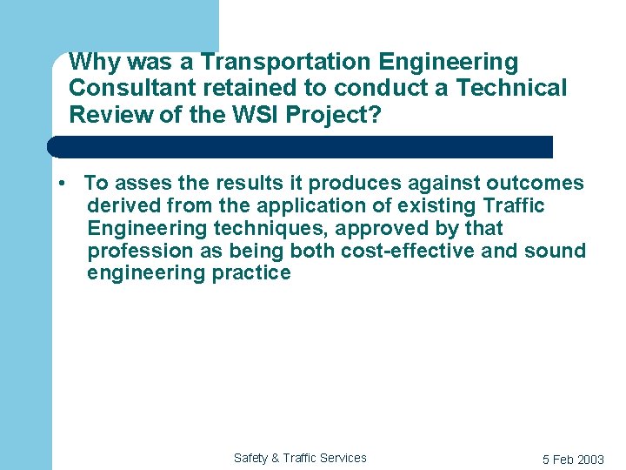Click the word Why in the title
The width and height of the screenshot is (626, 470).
point(90,63)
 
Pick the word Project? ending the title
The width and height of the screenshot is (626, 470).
point(336,115)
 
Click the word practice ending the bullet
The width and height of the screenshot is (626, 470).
point(252,274)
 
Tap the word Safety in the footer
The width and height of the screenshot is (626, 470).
point(251,458)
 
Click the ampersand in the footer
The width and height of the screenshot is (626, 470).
point(276,458)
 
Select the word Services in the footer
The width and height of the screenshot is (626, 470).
point(343,458)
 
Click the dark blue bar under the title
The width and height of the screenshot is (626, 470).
point(300,146)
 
